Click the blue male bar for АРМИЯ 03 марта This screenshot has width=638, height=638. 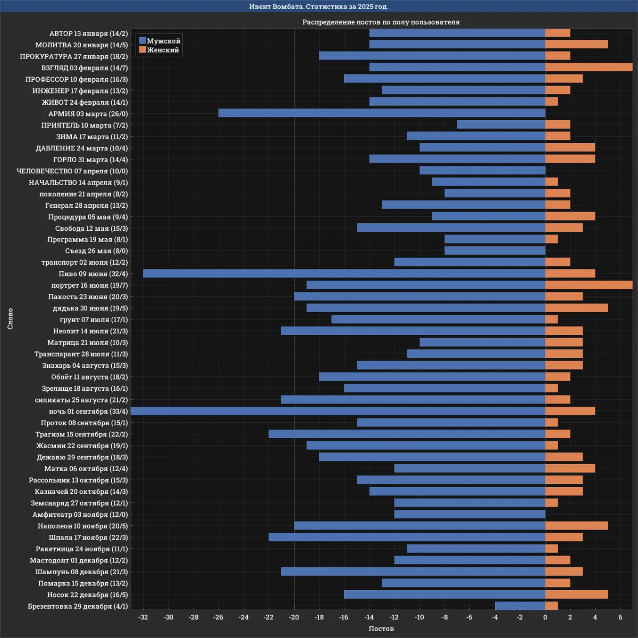(x=382, y=113)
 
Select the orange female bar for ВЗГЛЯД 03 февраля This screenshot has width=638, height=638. (x=589, y=68)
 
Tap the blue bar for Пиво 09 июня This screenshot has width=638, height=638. (x=344, y=274)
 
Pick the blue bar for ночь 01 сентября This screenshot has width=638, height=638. (x=338, y=411)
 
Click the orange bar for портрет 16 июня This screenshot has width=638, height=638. (x=589, y=285)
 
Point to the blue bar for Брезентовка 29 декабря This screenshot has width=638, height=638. (x=520, y=606)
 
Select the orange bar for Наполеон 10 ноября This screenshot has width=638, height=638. (x=576, y=526)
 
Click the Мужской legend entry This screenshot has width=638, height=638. (x=159, y=41)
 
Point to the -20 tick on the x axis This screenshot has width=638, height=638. (x=294, y=617)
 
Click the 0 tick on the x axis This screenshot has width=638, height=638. (x=545, y=617)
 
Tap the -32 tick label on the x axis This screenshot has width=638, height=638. (x=143, y=617)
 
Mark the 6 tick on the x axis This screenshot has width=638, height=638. (x=620, y=617)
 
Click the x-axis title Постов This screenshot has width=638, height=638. (x=381, y=629)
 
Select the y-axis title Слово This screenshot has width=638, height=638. (x=10, y=318)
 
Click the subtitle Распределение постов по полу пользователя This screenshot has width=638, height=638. (x=381, y=22)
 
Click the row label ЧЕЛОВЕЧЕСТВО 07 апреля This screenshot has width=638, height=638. (x=72, y=171)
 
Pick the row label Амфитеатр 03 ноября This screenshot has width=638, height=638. (x=80, y=515)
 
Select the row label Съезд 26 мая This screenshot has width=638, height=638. (x=96, y=251)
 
